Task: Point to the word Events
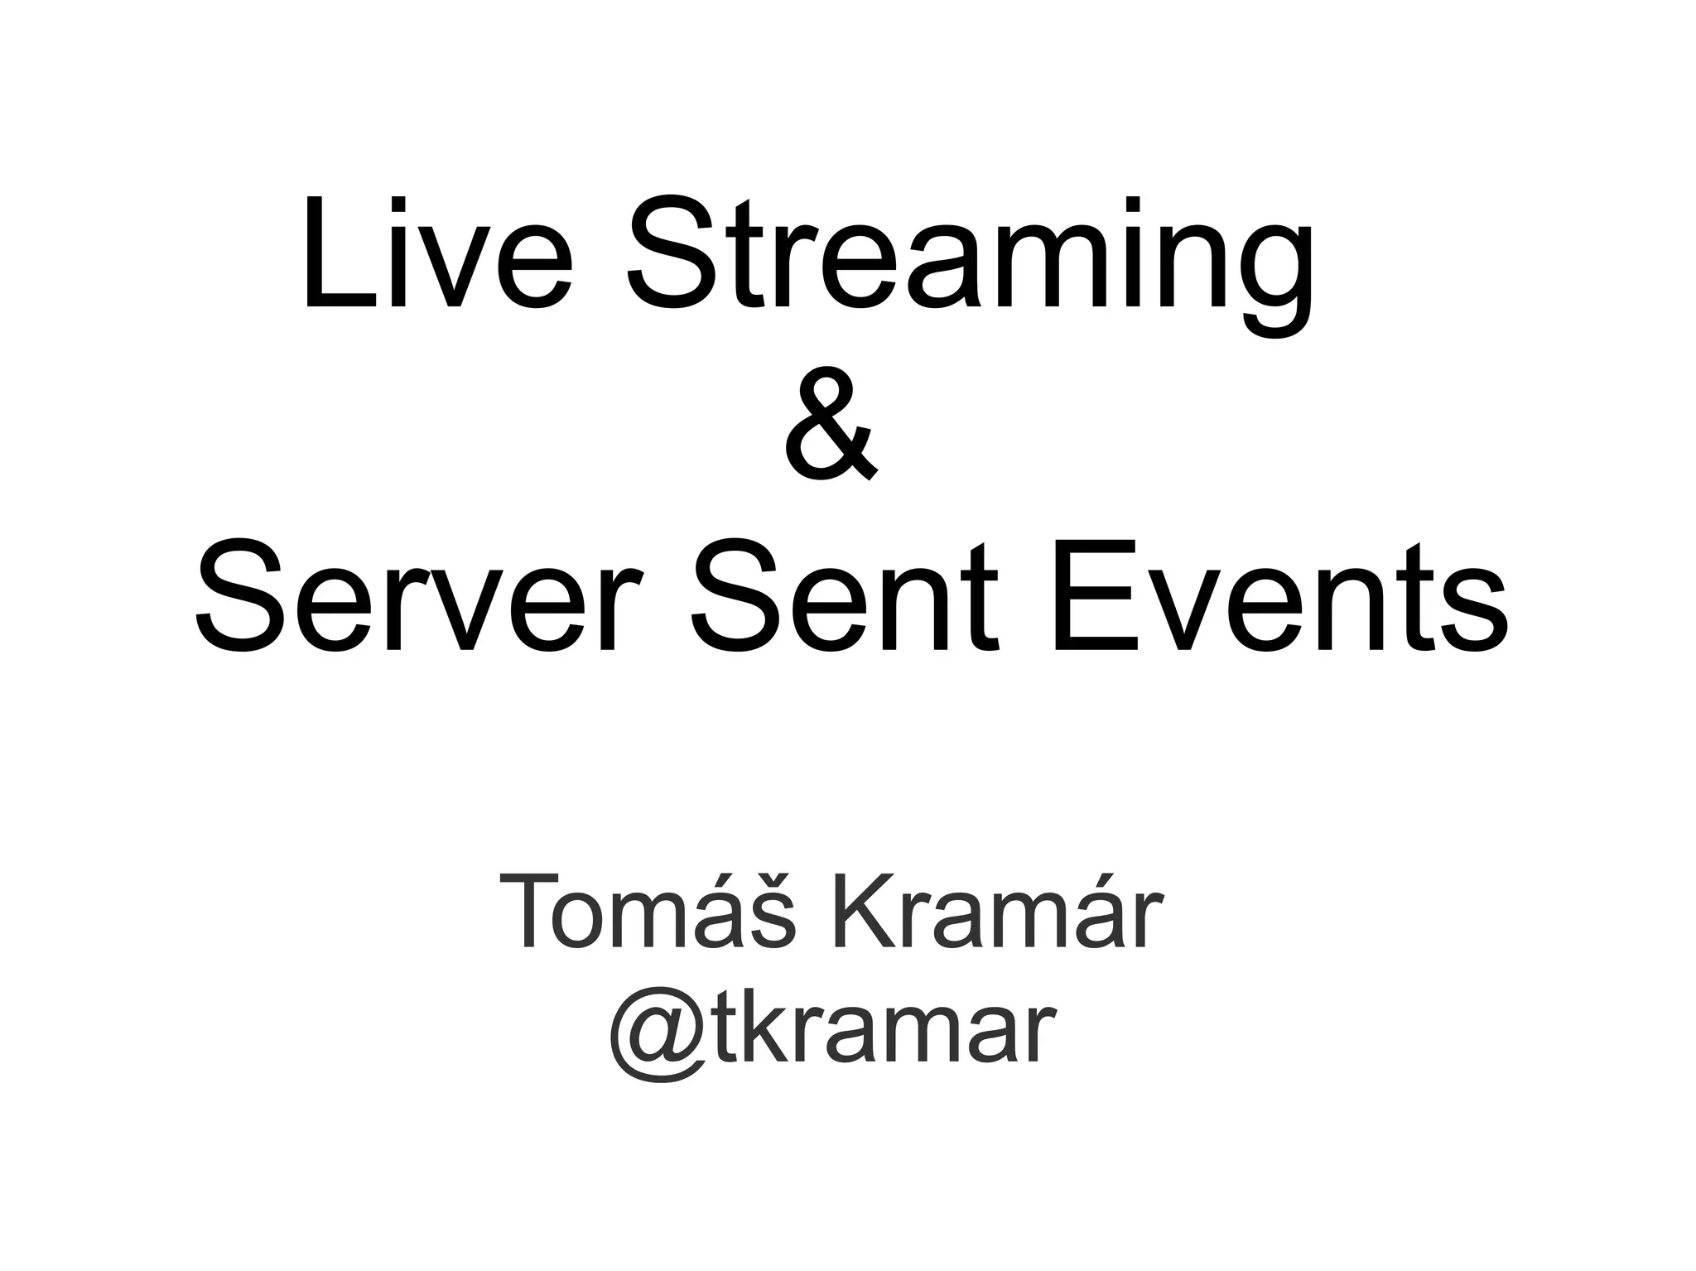tap(1279, 595)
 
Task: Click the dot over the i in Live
tap(398, 204)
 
